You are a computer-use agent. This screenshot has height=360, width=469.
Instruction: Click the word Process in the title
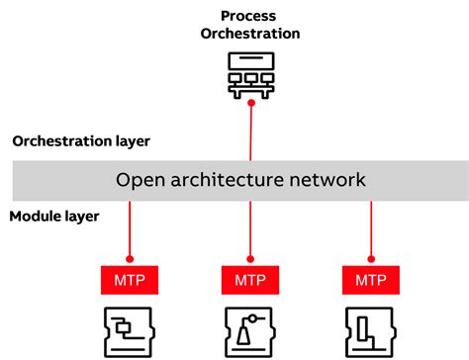(249, 15)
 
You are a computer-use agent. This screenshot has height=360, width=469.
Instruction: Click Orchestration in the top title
(249, 34)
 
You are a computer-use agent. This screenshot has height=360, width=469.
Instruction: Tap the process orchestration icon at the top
(249, 75)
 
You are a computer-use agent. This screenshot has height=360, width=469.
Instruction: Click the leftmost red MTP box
(130, 280)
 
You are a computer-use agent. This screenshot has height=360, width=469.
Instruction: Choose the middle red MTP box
(249, 280)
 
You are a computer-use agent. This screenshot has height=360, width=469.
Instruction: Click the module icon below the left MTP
(130, 330)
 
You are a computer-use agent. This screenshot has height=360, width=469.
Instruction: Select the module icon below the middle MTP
(249, 330)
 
